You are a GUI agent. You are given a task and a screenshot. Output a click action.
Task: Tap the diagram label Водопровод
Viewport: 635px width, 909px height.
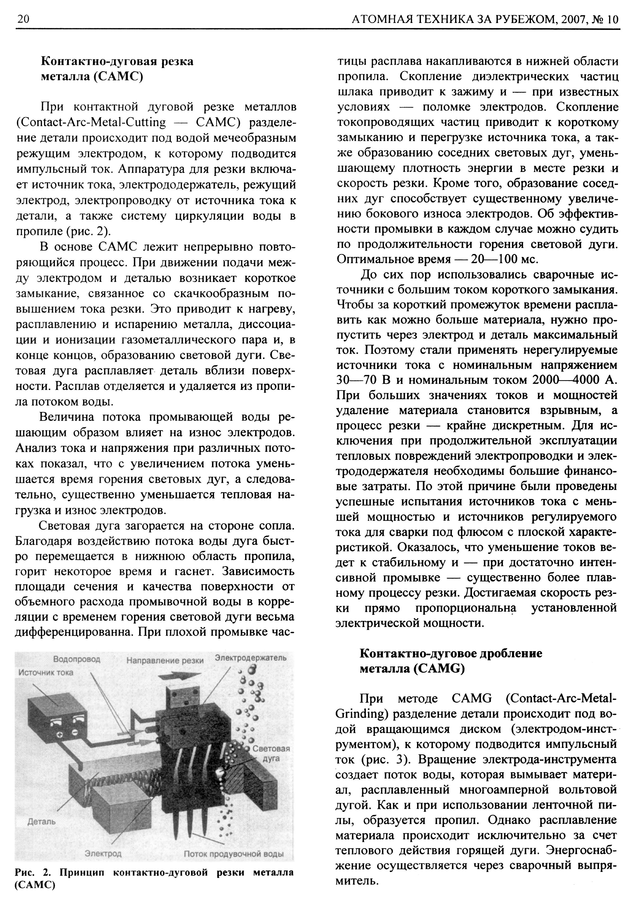point(76,660)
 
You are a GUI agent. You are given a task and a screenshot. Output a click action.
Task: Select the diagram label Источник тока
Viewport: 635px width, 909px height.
point(46,672)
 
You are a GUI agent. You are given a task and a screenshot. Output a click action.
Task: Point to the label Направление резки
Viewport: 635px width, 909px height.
point(165,660)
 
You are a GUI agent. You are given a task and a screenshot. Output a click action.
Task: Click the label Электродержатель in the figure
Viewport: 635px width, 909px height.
point(251,658)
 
